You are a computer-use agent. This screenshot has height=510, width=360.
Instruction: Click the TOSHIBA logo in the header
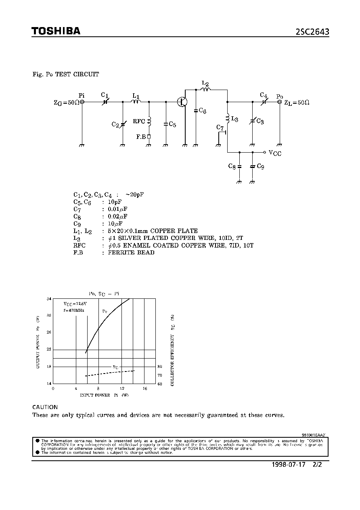point(56,31)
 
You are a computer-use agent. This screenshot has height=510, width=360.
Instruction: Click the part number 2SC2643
point(312,32)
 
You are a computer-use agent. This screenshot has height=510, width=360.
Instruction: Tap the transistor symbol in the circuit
point(182,102)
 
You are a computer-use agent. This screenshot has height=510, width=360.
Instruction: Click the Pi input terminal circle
point(82,102)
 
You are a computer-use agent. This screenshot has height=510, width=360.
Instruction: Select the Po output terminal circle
point(279,102)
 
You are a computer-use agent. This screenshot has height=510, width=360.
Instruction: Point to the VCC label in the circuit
point(275,153)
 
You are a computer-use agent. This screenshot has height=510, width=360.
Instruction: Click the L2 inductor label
point(205,84)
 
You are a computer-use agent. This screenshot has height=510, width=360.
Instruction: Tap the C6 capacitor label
point(202,111)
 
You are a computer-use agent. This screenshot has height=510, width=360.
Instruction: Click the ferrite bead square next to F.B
point(149,137)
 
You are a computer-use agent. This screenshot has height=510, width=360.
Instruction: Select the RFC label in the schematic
point(139,121)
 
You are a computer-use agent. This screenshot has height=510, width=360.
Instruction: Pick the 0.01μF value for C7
point(118,209)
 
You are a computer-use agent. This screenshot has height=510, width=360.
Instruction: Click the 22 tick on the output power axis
point(49,349)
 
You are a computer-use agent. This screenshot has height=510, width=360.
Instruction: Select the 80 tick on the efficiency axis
point(160,367)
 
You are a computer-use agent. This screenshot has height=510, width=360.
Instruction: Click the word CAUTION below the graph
point(45,407)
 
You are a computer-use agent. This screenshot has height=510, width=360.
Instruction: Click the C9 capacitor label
point(260,166)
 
